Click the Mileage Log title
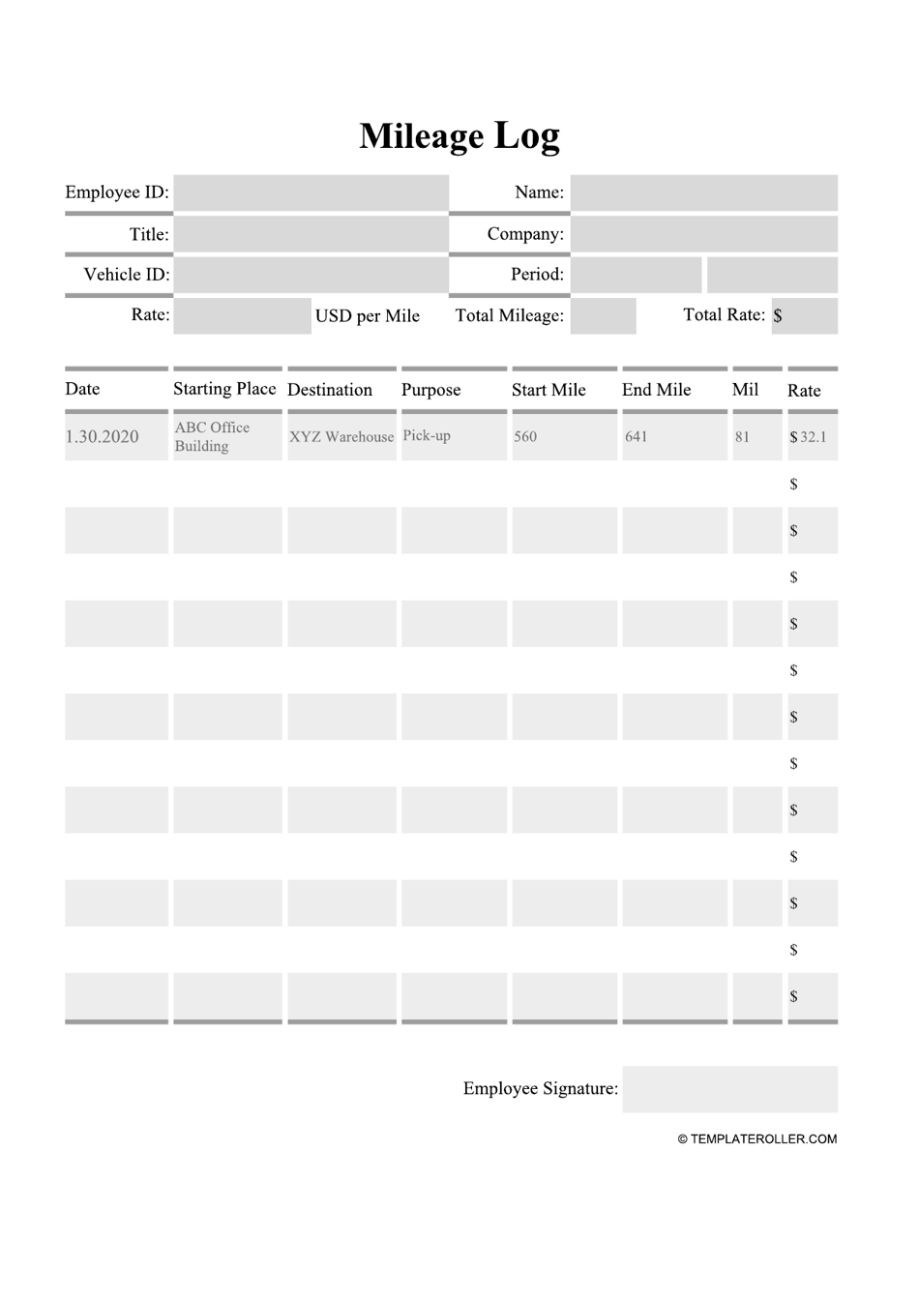coord(459,136)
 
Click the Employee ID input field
coord(311,192)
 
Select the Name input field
coord(703,192)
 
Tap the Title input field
coord(311,234)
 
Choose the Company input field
coord(703,234)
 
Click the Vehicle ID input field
coord(311,275)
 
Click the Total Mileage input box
coord(603,316)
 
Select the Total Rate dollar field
coord(804,316)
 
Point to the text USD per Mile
coord(368,316)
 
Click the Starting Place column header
coord(224,389)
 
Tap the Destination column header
coord(330,390)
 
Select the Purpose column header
coord(430,390)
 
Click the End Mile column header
coord(656,390)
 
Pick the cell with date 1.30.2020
coord(103,437)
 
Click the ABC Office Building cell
coord(213,437)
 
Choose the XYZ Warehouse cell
coord(341,437)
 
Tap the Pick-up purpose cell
coord(427,436)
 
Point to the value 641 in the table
coord(637,437)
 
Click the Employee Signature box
coord(729,1089)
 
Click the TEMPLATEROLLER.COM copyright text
coord(757,1139)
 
